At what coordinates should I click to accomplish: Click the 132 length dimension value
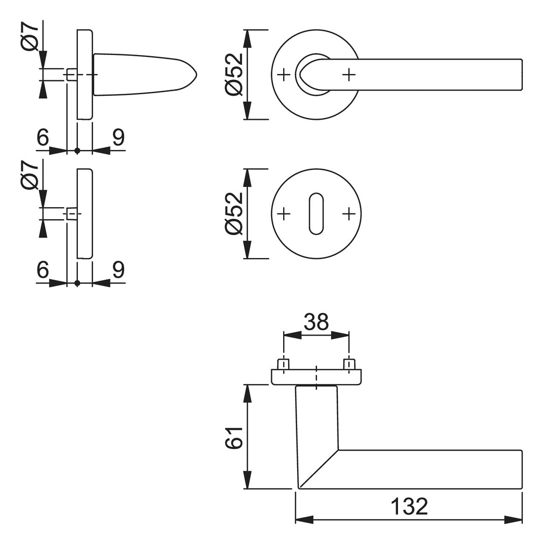click(409, 507)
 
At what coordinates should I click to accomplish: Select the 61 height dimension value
click(235, 438)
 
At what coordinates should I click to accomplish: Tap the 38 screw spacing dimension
click(316, 322)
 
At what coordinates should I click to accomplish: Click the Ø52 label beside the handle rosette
click(234, 74)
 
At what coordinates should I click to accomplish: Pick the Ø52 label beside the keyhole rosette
click(234, 213)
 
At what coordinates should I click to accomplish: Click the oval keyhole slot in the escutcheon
click(316, 214)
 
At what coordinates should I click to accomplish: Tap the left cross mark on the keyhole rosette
click(284, 214)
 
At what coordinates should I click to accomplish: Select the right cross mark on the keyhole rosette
click(349, 214)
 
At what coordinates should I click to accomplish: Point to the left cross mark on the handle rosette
click(284, 75)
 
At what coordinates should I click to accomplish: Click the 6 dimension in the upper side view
click(42, 137)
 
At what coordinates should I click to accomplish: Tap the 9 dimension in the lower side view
click(118, 270)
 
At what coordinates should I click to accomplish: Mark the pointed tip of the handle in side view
click(196, 74)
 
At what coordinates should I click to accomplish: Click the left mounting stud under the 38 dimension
click(284, 364)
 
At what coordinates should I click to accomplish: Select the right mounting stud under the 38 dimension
click(349, 364)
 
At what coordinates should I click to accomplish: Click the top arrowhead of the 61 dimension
click(247, 393)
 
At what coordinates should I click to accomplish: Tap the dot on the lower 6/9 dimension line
click(77, 284)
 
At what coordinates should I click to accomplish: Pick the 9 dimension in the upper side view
click(118, 137)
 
